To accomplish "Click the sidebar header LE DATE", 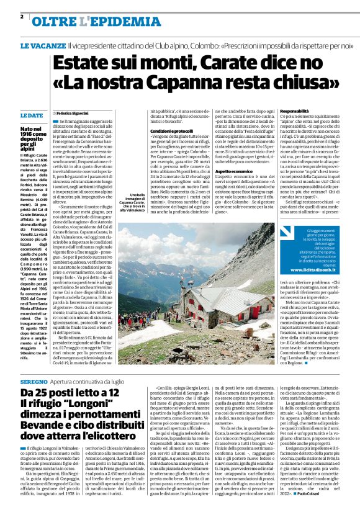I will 32,115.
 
